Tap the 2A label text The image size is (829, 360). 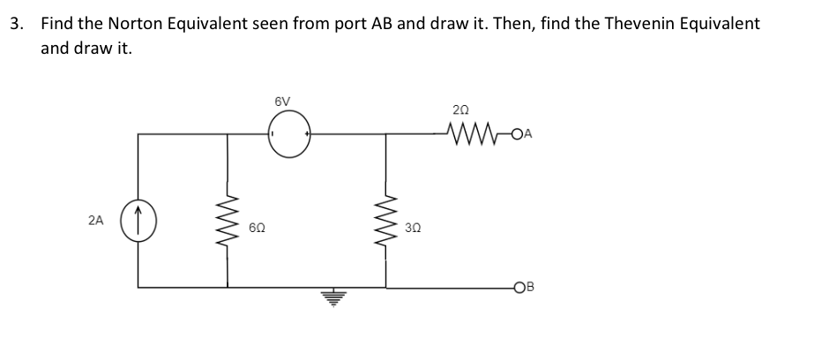96,221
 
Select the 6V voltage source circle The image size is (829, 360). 290,134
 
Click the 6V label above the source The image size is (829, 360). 283,101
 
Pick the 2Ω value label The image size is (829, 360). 460,109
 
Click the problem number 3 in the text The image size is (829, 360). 16,24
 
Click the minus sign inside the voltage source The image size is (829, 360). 274,134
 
